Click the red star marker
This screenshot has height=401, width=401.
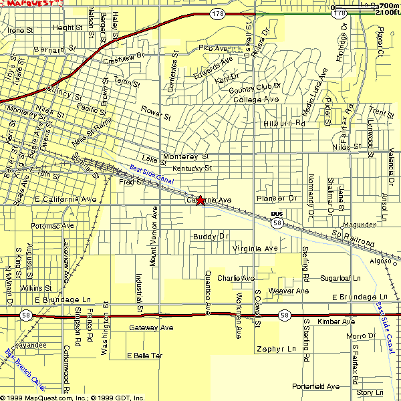[x=200, y=200]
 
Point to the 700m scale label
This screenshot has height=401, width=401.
[x=388, y=5]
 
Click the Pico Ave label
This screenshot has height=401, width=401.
[x=213, y=48]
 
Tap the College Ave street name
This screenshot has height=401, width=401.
[x=255, y=100]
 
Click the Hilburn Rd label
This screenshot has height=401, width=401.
[x=284, y=123]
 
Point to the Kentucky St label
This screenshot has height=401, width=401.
[x=192, y=168]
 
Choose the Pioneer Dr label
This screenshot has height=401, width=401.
[x=277, y=198]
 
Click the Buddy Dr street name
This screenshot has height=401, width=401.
[x=211, y=237]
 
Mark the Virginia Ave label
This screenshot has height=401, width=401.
[x=255, y=249]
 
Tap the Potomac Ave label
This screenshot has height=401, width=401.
[x=51, y=226]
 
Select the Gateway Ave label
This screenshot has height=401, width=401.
[x=150, y=327]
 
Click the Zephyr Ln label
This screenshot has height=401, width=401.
[x=275, y=349]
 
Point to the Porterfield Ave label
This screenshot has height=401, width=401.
[x=315, y=386]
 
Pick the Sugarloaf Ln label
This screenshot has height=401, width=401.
[x=340, y=277]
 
